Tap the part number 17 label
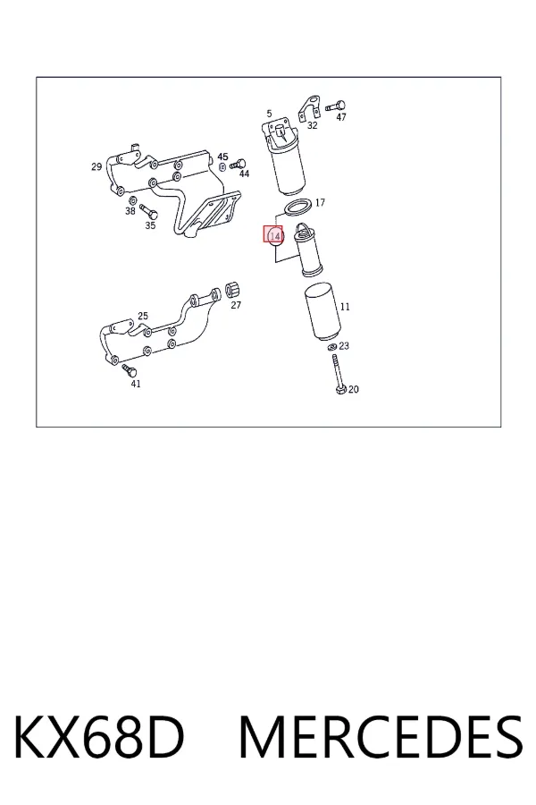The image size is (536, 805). [x=320, y=203]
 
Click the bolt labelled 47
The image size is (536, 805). [x=336, y=106]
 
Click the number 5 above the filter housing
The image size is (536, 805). [x=269, y=114]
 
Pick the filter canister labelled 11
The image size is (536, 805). [x=322, y=311]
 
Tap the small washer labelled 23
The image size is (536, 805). [x=331, y=348]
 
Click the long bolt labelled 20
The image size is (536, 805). [x=337, y=374]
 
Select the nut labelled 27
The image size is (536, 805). [x=233, y=290]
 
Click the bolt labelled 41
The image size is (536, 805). [x=130, y=370]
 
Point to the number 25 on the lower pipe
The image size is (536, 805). [x=143, y=316]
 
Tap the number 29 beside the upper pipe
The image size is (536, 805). [x=96, y=166]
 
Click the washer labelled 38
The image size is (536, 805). [x=131, y=199]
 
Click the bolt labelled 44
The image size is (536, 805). [x=238, y=165]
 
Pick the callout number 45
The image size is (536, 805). [x=222, y=157]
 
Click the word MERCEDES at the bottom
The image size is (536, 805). [x=381, y=737]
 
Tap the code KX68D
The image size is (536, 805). [x=98, y=737]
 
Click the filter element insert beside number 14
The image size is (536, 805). [x=306, y=250]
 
